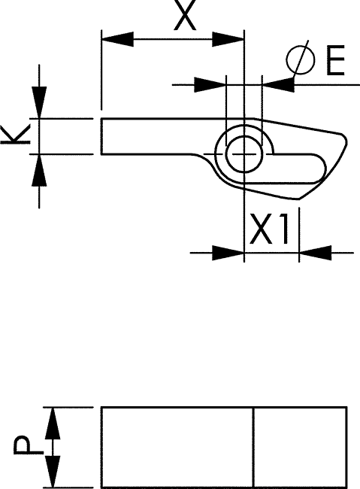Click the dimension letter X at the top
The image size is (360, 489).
(185, 15)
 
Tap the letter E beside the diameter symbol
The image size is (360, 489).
(335, 60)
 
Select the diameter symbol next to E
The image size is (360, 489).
(300, 59)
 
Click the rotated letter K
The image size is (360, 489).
(16, 135)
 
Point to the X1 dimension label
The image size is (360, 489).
(269, 229)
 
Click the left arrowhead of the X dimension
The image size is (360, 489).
(117, 39)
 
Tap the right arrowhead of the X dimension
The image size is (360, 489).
(228, 39)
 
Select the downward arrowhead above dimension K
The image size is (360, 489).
(39, 102)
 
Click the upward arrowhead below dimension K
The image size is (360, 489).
(39, 170)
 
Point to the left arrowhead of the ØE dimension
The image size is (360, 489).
(210, 85)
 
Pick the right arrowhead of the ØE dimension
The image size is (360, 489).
(278, 85)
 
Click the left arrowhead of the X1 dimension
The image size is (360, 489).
(228, 253)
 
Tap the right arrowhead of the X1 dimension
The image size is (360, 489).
(315, 253)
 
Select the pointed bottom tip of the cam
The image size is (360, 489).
(299, 199)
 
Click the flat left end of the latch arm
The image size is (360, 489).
(101, 136)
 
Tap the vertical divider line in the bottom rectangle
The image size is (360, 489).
(253, 447)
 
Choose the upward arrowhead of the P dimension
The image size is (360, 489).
(52, 424)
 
